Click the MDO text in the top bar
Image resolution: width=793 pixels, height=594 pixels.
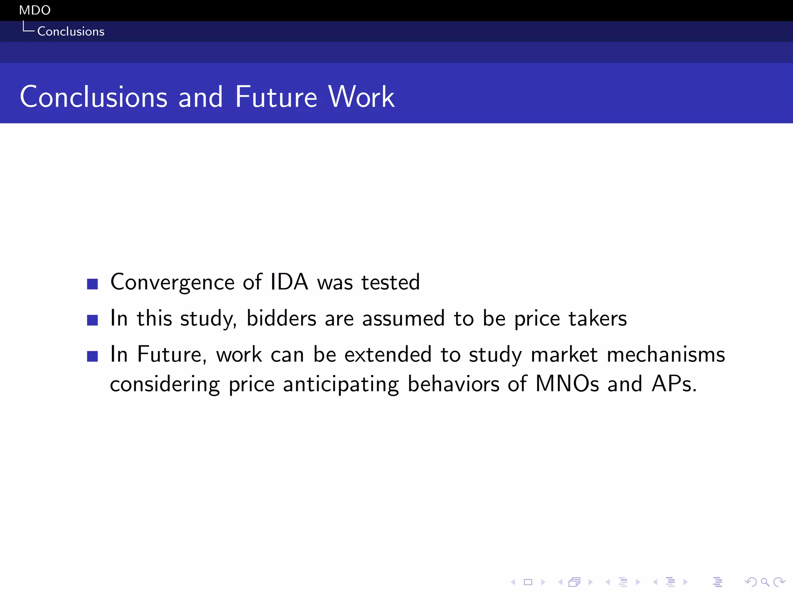(x=34, y=10)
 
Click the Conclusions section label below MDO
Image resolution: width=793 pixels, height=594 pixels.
(x=70, y=31)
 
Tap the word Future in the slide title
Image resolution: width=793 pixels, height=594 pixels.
(x=276, y=97)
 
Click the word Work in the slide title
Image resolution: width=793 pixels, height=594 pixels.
(x=361, y=97)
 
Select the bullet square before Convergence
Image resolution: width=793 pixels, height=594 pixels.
(x=92, y=284)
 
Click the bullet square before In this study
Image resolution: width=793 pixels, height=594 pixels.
(x=92, y=320)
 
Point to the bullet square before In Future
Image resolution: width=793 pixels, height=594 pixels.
(x=92, y=356)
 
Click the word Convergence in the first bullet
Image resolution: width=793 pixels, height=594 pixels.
(x=172, y=282)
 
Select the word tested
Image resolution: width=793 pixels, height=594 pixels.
(x=390, y=282)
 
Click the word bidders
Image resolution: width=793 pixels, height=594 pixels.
(x=281, y=318)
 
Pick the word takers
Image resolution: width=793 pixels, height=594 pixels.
(x=597, y=318)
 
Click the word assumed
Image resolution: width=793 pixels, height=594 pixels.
(x=403, y=318)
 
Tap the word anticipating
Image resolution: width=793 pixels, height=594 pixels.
(x=341, y=384)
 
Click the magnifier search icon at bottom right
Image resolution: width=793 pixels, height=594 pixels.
(x=765, y=582)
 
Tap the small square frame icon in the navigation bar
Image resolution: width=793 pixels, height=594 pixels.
(x=528, y=582)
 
